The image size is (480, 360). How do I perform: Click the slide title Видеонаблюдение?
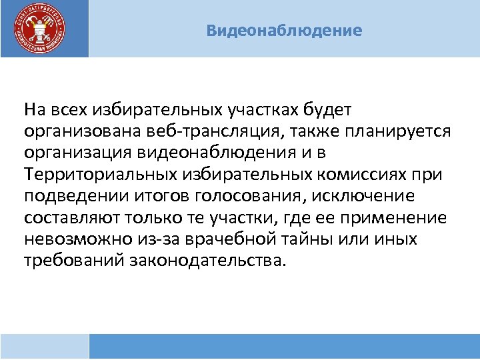click(285, 31)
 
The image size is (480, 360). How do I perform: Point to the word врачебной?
click(235, 240)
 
